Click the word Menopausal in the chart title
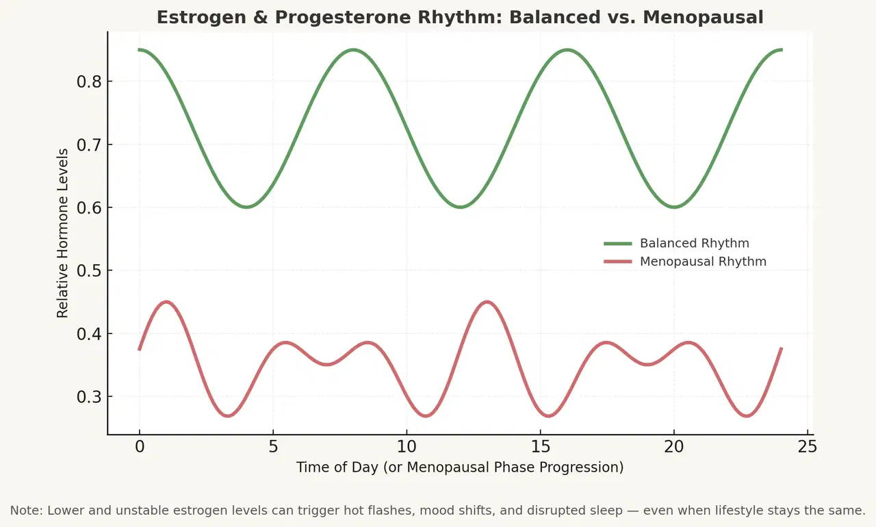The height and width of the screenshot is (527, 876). click(x=712, y=17)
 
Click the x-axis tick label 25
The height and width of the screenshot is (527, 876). click(x=808, y=446)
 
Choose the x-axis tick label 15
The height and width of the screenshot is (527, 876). click(x=541, y=446)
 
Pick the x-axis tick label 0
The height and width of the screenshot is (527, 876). click(x=140, y=446)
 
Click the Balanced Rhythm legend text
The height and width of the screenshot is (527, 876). click(x=694, y=244)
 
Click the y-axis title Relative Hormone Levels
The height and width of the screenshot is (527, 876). click(x=63, y=233)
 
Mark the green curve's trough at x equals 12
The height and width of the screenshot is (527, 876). click(x=461, y=207)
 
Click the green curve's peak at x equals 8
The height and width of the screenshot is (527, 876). click(x=353, y=49)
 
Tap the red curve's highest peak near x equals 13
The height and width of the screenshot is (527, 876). click(x=487, y=302)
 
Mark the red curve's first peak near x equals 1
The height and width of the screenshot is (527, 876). click(x=166, y=302)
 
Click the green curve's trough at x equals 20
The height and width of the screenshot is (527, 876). click(x=674, y=207)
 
